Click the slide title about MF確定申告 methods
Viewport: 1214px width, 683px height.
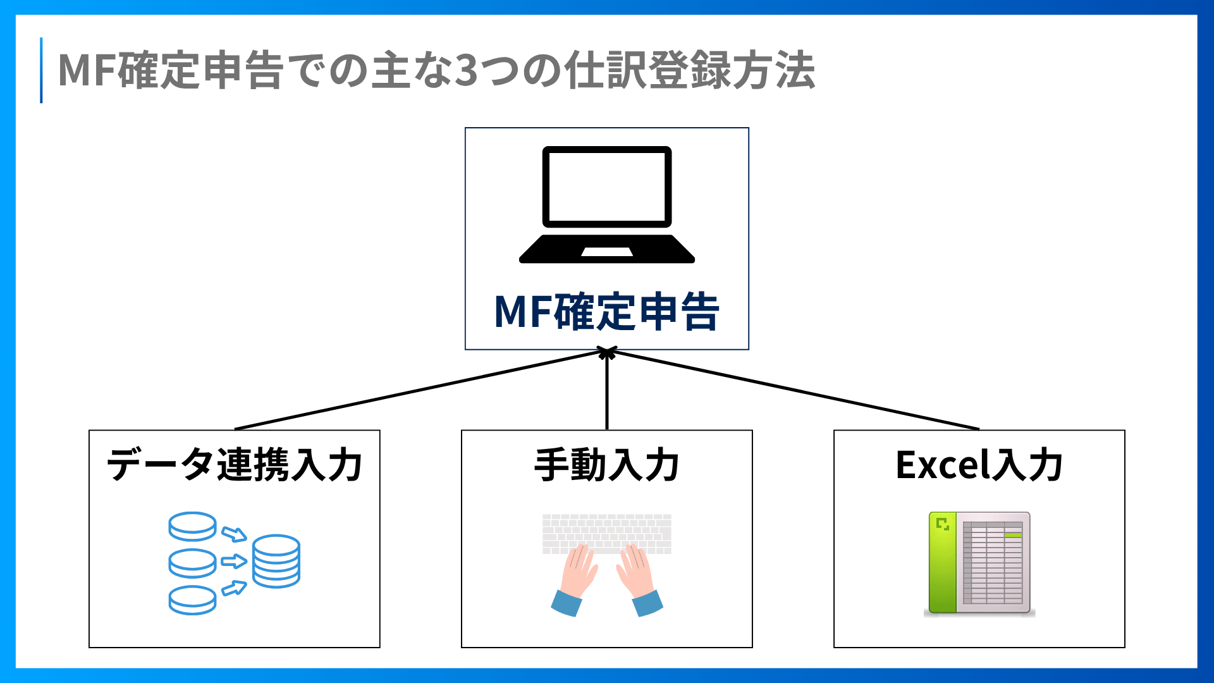(x=436, y=70)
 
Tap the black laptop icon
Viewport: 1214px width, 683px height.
(x=607, y=204)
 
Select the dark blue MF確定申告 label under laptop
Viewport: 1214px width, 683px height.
(x=607, y=312)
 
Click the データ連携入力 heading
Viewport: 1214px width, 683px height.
(x=235, y=465)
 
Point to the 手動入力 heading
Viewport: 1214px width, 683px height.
(x=607, y=465)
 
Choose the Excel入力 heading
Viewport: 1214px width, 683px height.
(x=979, y=465)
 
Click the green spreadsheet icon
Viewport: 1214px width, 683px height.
(x=979, y=564)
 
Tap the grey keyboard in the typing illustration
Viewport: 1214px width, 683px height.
(x=607, y=534)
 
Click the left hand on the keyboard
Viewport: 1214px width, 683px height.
(x=575, y=580)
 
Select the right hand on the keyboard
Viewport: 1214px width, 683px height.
(x=639, y=580)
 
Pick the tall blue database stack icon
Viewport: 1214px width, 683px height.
(x=276, y=561)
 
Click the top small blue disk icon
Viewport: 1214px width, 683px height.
(x=193, y=526)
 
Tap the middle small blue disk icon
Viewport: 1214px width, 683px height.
(x=193, y=563)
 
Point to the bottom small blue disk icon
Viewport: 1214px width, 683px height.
(x=193, y=600)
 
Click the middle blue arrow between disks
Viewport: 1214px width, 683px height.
(x=234, y=561)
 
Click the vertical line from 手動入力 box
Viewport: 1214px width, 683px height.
(x=607, y=390)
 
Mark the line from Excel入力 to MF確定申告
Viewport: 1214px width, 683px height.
(x=793, y=390)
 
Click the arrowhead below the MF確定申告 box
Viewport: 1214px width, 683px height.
(x=607, y=353)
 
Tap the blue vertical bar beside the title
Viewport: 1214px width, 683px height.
(x=41, y=70)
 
